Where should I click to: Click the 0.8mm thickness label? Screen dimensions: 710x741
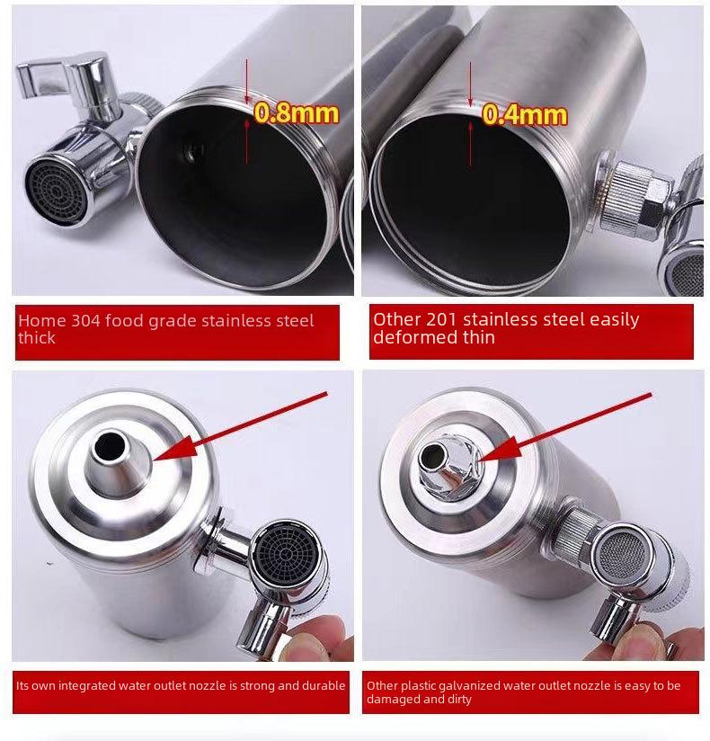coord(297,113)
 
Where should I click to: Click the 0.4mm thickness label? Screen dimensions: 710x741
coord(524,115)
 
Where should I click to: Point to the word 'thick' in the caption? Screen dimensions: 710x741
coord(36,338)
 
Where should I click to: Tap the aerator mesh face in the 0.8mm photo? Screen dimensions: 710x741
coord(56,192)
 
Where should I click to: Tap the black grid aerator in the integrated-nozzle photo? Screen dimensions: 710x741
coord(285,552)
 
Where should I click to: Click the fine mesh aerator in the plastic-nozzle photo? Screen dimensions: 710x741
coord(622,553)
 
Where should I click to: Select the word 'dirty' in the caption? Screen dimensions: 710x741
coord(458,700)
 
